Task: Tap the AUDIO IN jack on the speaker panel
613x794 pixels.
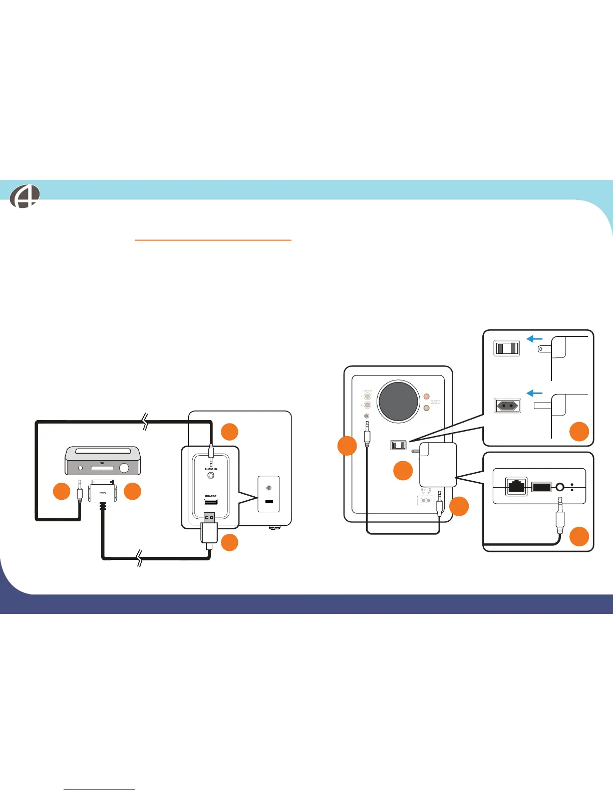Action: [211, 475]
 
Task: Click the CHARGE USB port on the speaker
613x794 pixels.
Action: [211, 502]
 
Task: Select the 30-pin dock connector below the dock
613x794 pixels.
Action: [102, 493]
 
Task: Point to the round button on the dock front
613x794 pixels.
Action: [124, 468]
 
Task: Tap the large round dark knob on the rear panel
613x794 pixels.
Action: [399, 401]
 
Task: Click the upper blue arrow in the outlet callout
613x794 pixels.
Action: [535, 339]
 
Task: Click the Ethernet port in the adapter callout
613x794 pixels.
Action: [516, 486]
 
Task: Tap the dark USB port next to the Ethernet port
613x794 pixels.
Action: [541, 487]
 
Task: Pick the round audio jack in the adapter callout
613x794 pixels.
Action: [560, 487]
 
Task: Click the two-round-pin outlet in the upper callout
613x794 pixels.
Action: [507, 406]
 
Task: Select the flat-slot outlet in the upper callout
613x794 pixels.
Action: [507, 348]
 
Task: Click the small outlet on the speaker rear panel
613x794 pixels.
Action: [398, 445]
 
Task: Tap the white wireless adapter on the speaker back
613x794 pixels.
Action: [438, 465]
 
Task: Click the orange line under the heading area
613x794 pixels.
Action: [213, 240]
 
